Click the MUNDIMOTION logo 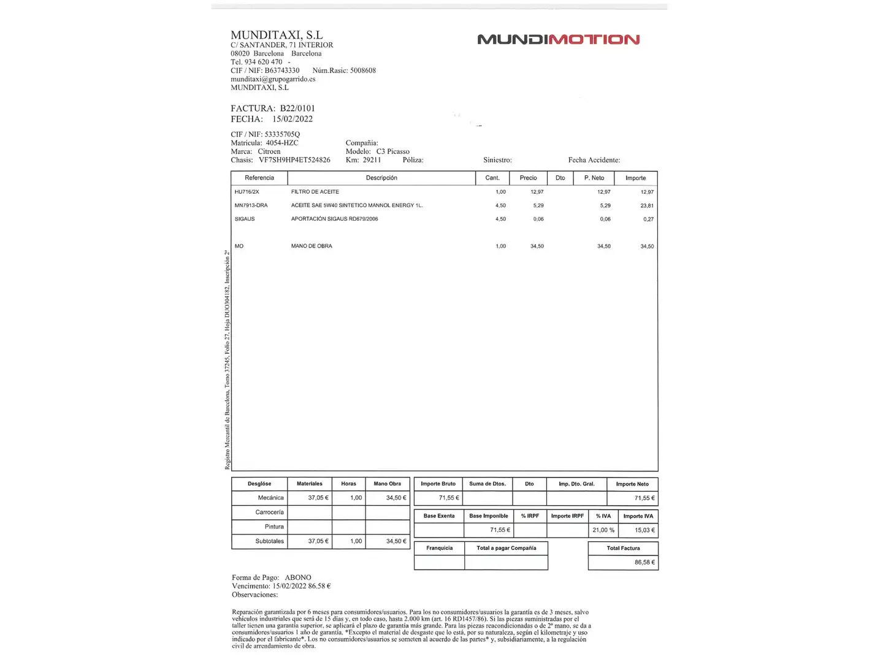(x=558, y=40)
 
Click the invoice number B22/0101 (x=297, y=108)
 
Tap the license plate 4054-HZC (x=282, y=143)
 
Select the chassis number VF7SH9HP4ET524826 (x=294, y=160)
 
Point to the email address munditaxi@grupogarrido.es (x=273, y=79)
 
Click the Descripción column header (x=381, y=178)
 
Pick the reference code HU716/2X (x=247, y=192)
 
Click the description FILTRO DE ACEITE (x=315, y=192)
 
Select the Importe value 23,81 (x=647, y=206)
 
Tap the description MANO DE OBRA (x=312, y=246)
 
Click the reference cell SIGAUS (x=245, y=219)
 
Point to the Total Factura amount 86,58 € (x=644, y=562)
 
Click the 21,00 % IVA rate (x=603, y=530)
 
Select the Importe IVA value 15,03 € (x=644, y=530)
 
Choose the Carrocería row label (x=270, y=512)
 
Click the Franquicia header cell (x=440, y=548)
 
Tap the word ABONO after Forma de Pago (x=298, y=577)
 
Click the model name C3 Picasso (x=393, y=151)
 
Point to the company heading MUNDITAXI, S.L (x=277, y=35)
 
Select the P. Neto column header (x=594, y=178)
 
